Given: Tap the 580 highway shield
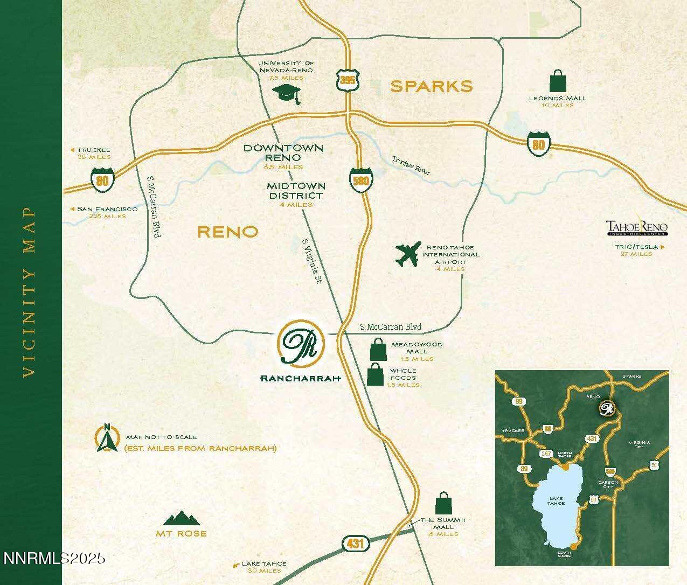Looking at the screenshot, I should click(x=360, y=179).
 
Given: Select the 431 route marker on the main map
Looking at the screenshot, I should click(x=355, y=544).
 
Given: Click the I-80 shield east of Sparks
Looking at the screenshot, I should click(x=539, y=143).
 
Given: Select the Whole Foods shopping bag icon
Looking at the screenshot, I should click(x=375, y=374).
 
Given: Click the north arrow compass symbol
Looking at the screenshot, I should click(x=108, y=438).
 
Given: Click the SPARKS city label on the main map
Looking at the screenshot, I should click(x=432, y=86).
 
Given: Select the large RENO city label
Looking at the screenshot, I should click(x=228, y=232).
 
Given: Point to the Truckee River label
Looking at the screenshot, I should click(x=411, y=165).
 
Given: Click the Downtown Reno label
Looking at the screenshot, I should click(x=283, y=152).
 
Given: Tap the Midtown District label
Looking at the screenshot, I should click(x=296, y=191).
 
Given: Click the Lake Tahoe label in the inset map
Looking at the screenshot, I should click(x=556, y=500).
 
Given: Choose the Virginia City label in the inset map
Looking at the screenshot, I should click(x=639, y=445).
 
